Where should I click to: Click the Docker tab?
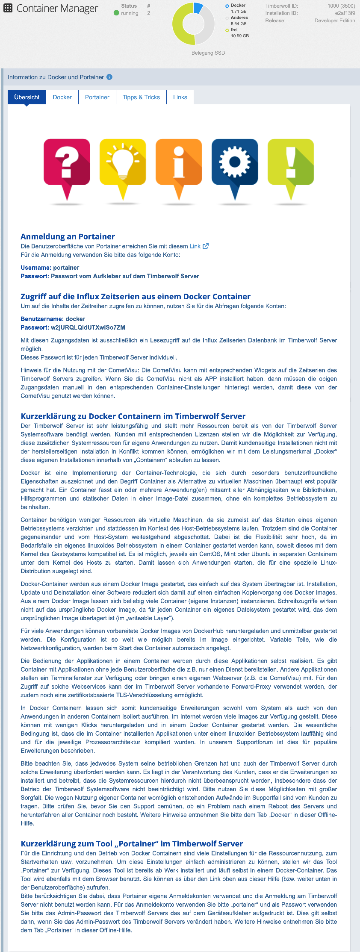point(62,97)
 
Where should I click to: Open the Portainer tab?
point(97,97)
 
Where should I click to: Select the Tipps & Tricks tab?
point(141,97)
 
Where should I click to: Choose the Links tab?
point(180,97)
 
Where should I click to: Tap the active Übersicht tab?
point(27,97)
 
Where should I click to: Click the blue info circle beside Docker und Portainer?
point(109,77)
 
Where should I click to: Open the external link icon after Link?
point(206,246)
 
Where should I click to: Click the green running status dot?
point(116,13)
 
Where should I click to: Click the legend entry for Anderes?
point(239,18)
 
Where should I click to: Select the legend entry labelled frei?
point(234,30)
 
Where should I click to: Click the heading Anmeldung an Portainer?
point(68,236)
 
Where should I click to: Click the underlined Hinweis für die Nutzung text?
point(80,370)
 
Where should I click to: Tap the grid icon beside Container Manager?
point(8,8)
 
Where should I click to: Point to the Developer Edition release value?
point(335,21)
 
